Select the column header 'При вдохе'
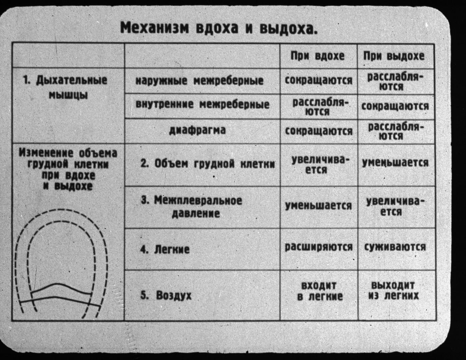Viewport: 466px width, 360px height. point(317,56)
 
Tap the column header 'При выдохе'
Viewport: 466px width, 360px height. point(394,56)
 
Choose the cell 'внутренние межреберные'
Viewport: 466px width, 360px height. point(203,105)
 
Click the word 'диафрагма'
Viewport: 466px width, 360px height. point(198,130)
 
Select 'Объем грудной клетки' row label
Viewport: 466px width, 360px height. point(208,164)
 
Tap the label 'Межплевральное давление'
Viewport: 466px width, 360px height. point(192,207)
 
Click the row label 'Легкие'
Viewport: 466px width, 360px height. point(165,249)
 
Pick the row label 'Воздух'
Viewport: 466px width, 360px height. point(166,295)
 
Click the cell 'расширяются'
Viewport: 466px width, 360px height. point(319,247)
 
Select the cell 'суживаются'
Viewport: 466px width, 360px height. point(395,247)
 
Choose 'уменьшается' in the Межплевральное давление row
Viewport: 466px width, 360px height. point(318,206)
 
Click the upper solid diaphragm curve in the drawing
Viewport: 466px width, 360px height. point(62,288)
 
